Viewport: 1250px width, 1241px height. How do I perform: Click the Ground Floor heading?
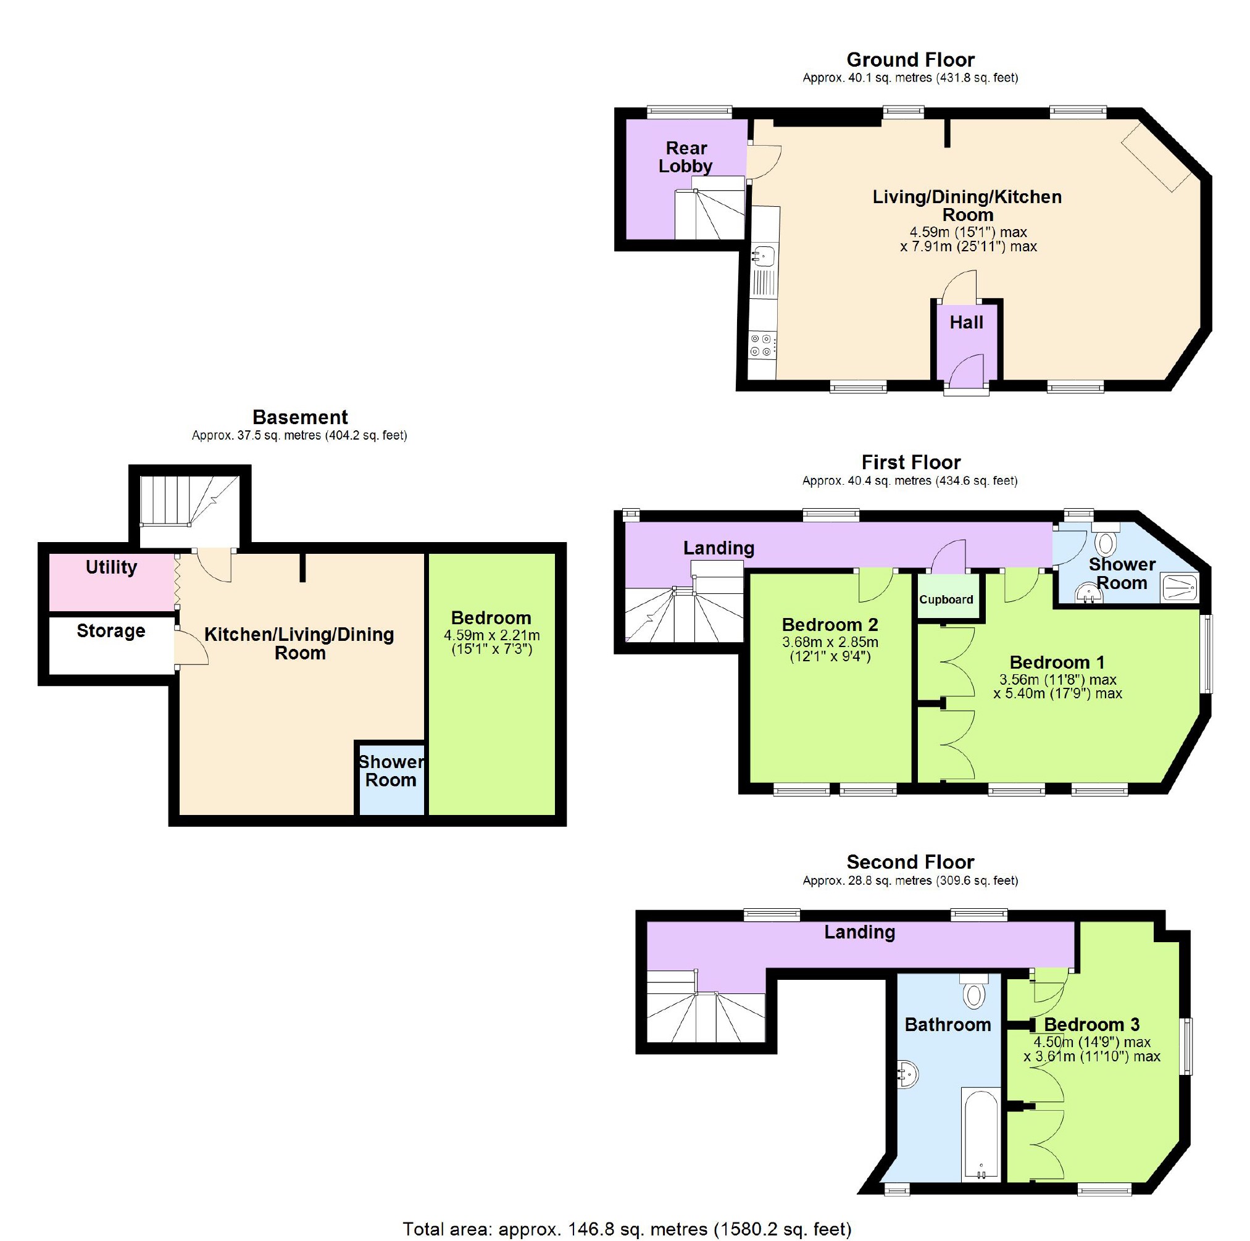910,60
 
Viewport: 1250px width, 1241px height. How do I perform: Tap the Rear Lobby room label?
685,157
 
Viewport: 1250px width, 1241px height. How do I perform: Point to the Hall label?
966,322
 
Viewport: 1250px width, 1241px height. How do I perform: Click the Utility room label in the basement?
111,567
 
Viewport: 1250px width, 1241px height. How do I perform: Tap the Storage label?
110,631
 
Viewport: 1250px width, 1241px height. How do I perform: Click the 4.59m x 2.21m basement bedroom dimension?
491,636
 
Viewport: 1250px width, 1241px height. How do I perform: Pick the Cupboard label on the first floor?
946,600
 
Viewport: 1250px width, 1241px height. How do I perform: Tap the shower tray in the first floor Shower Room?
1180,588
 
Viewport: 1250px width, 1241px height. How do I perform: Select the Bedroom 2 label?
830,625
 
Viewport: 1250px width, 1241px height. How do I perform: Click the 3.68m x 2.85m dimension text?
830,643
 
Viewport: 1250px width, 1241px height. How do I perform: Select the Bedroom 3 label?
1091,1024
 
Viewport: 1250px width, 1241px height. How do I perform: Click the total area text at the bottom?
627,1229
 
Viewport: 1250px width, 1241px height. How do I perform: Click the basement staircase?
188,502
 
